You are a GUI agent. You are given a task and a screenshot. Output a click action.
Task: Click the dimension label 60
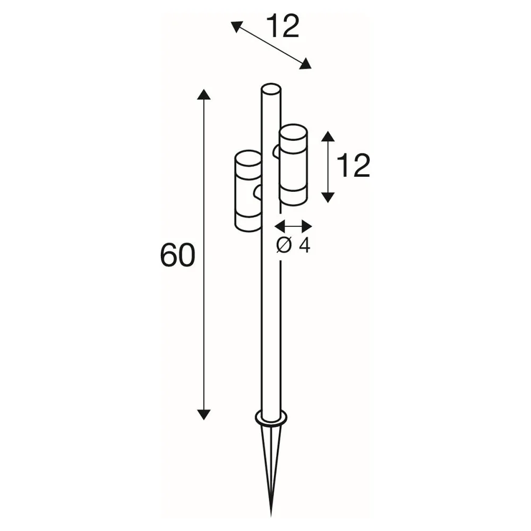(x=177, y=254)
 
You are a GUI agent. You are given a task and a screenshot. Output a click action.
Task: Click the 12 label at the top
(x=283, y=27)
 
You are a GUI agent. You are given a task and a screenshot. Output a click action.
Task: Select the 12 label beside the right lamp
(x=354, y=165)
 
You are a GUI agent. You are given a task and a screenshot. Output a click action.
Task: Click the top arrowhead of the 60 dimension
(x=203, y=95)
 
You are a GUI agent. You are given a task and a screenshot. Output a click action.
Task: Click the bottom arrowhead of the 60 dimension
(x=203, y=415)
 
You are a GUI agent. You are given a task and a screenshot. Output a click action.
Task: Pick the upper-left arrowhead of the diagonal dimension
(x=237, y=27)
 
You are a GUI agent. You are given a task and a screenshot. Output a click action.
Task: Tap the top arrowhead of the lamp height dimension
(x=328, y=136)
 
